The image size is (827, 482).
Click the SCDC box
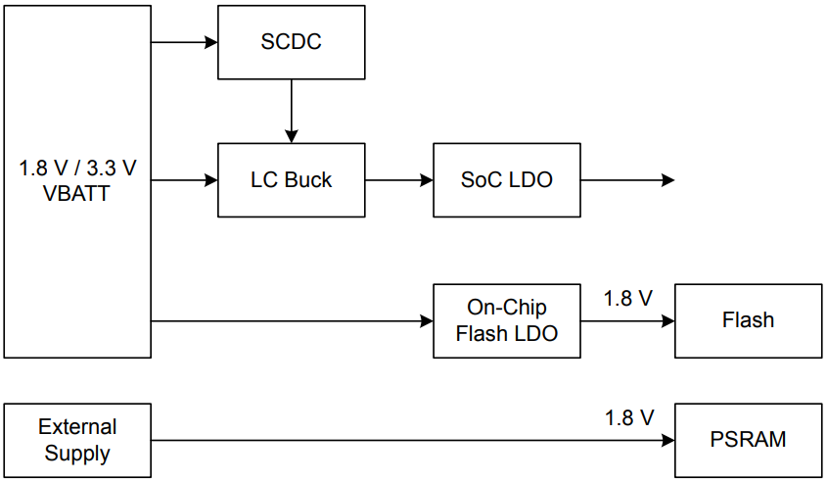[291, 43]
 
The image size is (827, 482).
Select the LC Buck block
[291, 180]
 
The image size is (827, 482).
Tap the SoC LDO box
[506, 180]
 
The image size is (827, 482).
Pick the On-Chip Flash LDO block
[506, 320]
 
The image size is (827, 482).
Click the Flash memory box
[748, 320]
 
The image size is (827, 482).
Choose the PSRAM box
[748, 440]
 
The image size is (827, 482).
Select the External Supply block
[78, 440]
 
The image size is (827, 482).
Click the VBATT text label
[76, 193]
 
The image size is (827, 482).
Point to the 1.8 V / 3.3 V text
[77, 169]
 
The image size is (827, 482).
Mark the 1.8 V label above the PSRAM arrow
[628, 418]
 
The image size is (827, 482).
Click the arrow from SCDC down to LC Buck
[291, 110]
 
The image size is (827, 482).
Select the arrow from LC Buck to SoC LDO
[398, 180]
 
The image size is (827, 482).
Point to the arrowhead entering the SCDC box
[210, 43]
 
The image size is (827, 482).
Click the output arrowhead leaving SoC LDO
[668, 180]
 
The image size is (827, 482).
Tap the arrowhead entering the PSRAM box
[668, 440]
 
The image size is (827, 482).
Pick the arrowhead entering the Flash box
[668, 320]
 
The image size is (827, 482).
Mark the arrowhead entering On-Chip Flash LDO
[427, 320]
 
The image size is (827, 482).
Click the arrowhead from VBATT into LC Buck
[210, 180]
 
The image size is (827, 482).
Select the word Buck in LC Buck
[308, 180]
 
